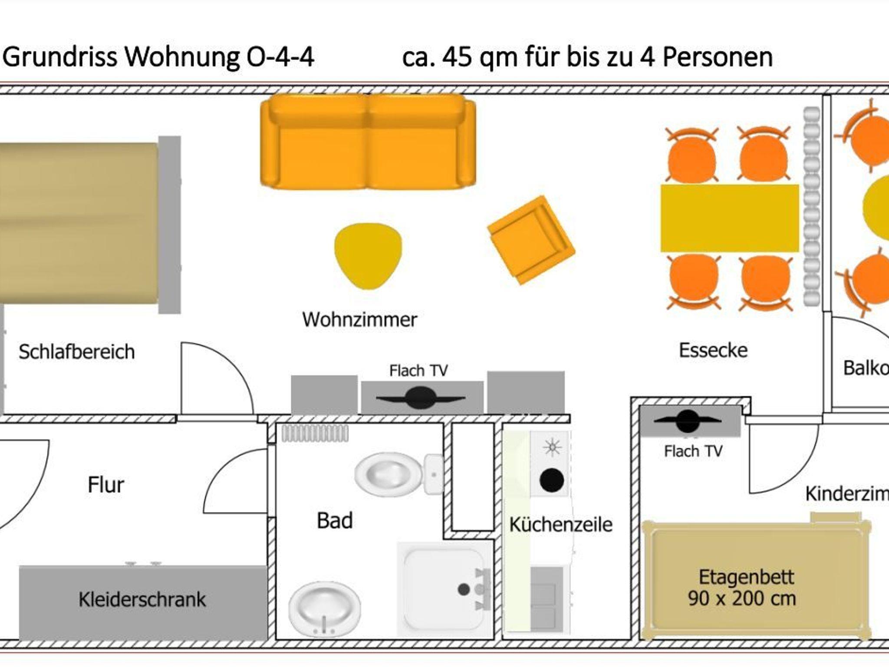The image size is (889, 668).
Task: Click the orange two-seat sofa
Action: [368, 142]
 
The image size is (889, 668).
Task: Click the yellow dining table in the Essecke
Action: [729, 218]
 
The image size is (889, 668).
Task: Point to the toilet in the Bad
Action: [397, 473]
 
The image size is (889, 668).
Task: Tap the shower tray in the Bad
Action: [445, 589]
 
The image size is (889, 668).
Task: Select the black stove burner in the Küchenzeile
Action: [552, 480]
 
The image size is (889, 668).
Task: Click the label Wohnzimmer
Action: [359, 320]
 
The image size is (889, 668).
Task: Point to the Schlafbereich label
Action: [76, 352]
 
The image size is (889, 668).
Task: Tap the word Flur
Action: [105, 485]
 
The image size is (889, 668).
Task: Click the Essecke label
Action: [713, 351]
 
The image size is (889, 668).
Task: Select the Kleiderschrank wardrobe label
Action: [142, 600]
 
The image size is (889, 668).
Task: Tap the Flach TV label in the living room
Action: [418, 370]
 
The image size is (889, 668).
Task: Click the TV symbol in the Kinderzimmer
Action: [687, 420]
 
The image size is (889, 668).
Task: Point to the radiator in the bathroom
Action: [315, 433]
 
